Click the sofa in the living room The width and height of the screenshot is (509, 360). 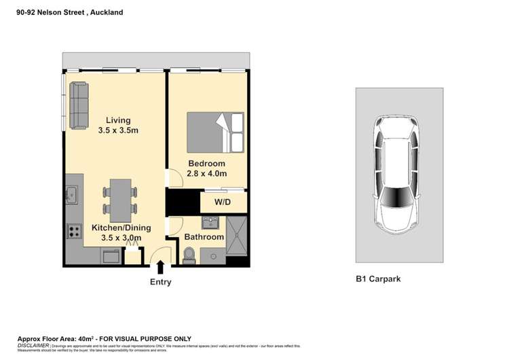tap(79, 107)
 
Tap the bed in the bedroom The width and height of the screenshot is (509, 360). tap(215, 132)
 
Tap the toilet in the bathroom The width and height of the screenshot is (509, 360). tap(189, 255)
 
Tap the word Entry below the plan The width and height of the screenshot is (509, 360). tap(160, 282)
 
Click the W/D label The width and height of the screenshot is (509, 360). tap(223, 202)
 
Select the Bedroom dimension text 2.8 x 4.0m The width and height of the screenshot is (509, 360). tap(207, 174)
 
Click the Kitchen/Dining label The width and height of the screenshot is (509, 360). tap(121, 228)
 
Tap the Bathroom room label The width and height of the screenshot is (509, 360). tap(204, 237)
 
